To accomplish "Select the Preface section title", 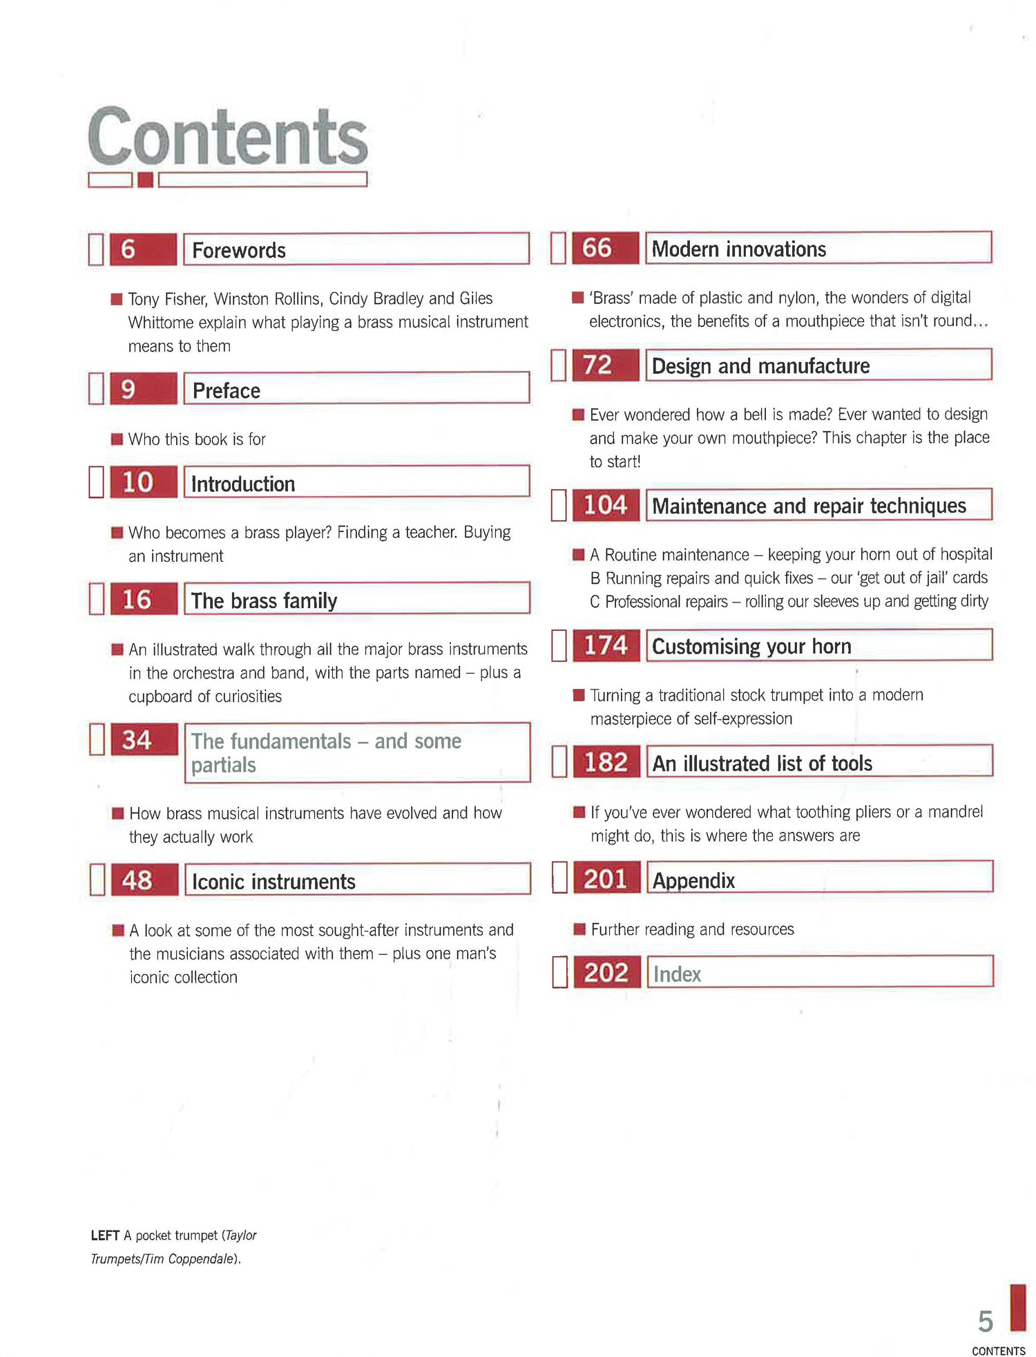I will (x=226, y=390).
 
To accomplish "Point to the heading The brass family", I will (x=264, y=600).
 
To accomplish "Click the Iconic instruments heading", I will (x=274, y=882).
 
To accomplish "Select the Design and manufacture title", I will (x=760, y=366).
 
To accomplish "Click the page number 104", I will (x=606, y=505).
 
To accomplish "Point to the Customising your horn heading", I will (x=751, y=646).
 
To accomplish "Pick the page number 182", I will (x=606, y=762).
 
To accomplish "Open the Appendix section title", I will (x=693, y=880).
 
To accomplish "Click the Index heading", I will (x=677, y=974).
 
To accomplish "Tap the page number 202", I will (x=606, y=972).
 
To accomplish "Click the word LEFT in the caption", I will (x=105, y=1235).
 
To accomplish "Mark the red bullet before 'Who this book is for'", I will (x=117, y=439).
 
